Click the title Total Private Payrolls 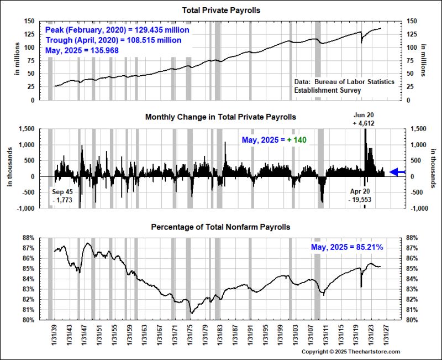tap(220, 11)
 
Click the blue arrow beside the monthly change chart tap(398, 173)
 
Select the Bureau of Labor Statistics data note tap(344, 85)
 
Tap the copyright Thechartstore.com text tap(351, 351)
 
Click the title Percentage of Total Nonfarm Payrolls tap(220, 227)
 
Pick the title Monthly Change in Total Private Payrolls tap(220, 117)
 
